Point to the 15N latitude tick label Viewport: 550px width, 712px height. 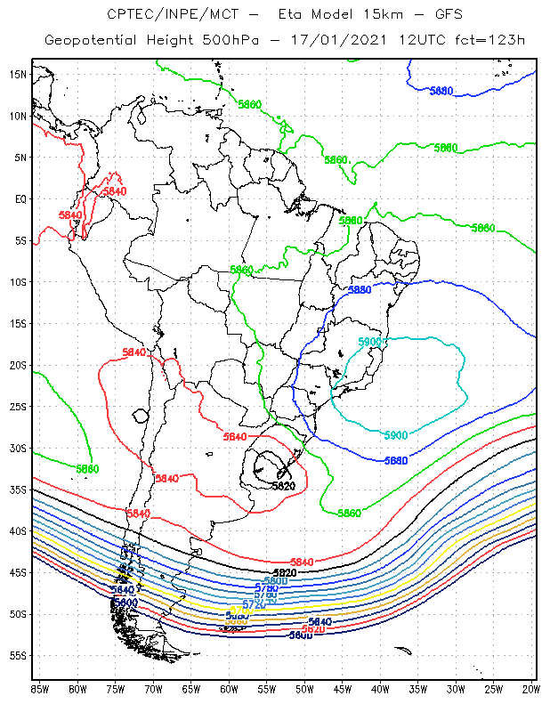click(x=18, y=74)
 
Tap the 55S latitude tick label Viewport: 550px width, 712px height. click(x=18, y=655)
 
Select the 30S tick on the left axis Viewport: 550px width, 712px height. click(x=18, y=448)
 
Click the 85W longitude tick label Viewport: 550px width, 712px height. click(x=39, y=689)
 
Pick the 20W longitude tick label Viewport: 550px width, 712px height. click(x=531, y=689)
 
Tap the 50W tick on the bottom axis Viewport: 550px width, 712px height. click(x=304, y=689)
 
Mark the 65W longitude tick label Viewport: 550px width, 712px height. click(x=190, y=689)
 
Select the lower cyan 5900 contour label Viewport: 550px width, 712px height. click(x=396, y=435)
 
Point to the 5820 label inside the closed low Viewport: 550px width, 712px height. click(x=282, y=486)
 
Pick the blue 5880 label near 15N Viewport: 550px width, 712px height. click(x=441, y=91)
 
